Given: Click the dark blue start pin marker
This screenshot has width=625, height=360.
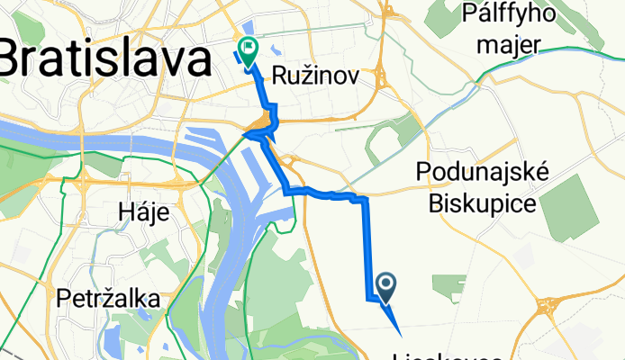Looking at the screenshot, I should tap(386, 288).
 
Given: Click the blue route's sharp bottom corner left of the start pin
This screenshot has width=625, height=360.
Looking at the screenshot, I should tap(368, 297).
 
